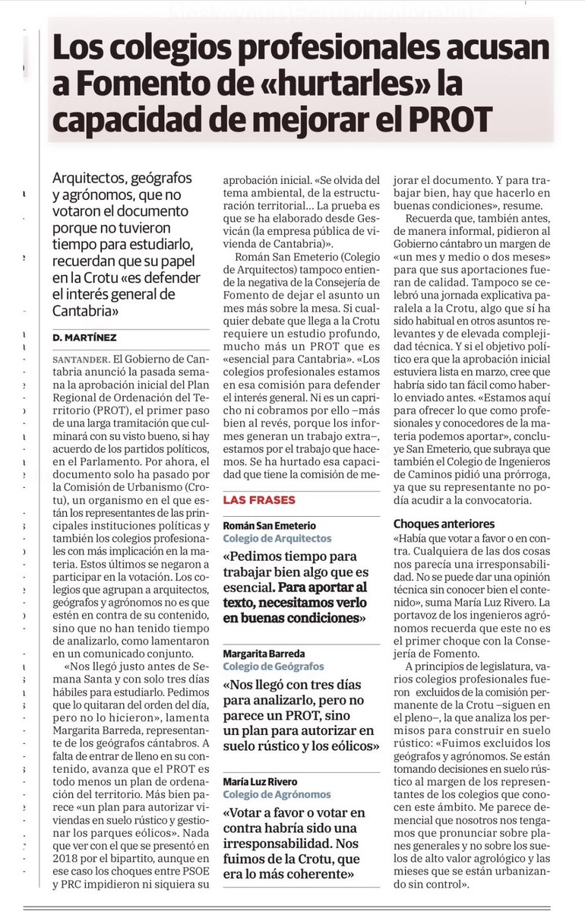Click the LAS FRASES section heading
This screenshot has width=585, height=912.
(x=258, y=499)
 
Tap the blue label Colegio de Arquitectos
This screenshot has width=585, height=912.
(x=277, y=538)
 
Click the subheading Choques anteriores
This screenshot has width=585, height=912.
(x=444, y=524)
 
